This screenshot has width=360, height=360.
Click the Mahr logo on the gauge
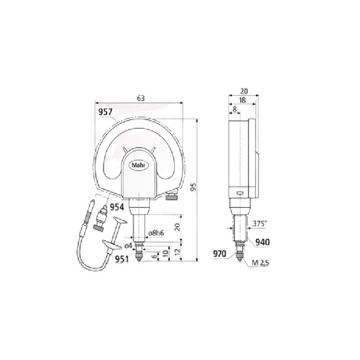pos(140,165)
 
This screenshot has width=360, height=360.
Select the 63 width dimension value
pos(141,98)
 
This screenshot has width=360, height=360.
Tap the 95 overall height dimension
pos(194,187)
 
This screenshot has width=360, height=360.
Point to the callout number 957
pos(105,112)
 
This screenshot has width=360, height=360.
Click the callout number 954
pos(117,207)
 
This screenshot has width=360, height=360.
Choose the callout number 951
pos(122,259)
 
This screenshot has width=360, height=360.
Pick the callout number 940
pos(262,242)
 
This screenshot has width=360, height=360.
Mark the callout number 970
pos(220,254)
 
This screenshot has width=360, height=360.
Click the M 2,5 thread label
pos(261,263)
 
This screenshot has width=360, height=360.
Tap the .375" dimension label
pos(260,224)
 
